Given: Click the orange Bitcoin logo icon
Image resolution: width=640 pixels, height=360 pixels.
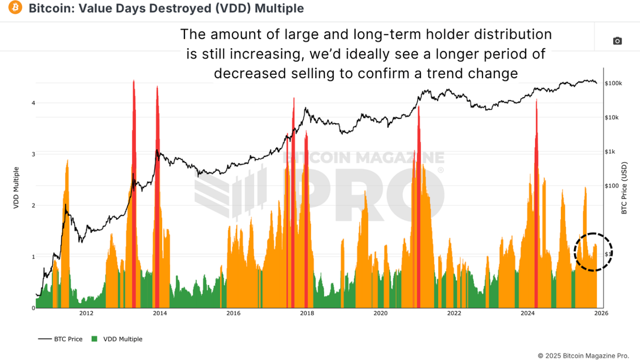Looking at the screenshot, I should pos(15,8).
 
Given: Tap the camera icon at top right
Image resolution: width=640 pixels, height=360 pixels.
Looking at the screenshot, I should pos(617,41).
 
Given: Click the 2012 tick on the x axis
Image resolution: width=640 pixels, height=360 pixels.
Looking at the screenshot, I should pos(86,314).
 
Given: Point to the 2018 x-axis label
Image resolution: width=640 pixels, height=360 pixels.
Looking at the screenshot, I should pos(307,314).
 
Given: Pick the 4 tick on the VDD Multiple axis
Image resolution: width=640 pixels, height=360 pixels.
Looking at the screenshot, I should pos(34,103).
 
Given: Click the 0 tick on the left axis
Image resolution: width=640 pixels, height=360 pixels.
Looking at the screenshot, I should pos(34,308).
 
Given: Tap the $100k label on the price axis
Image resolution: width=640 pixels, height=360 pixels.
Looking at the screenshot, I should pos(613,84).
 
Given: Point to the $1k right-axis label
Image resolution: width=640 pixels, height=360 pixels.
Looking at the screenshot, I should pos(610,152).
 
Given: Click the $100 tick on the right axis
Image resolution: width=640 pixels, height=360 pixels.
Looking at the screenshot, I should pos(612,186).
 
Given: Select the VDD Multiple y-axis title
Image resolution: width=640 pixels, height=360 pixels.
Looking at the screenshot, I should pos(16,189).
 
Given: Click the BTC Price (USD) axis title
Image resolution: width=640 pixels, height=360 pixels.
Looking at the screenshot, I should pos(624,189).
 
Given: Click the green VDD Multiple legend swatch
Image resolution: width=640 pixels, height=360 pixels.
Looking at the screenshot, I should pos(95,339).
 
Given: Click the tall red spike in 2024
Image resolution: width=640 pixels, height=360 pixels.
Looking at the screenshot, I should pos(536,147).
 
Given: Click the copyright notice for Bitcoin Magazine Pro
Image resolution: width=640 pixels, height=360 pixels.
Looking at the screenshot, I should pos(583,356).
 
